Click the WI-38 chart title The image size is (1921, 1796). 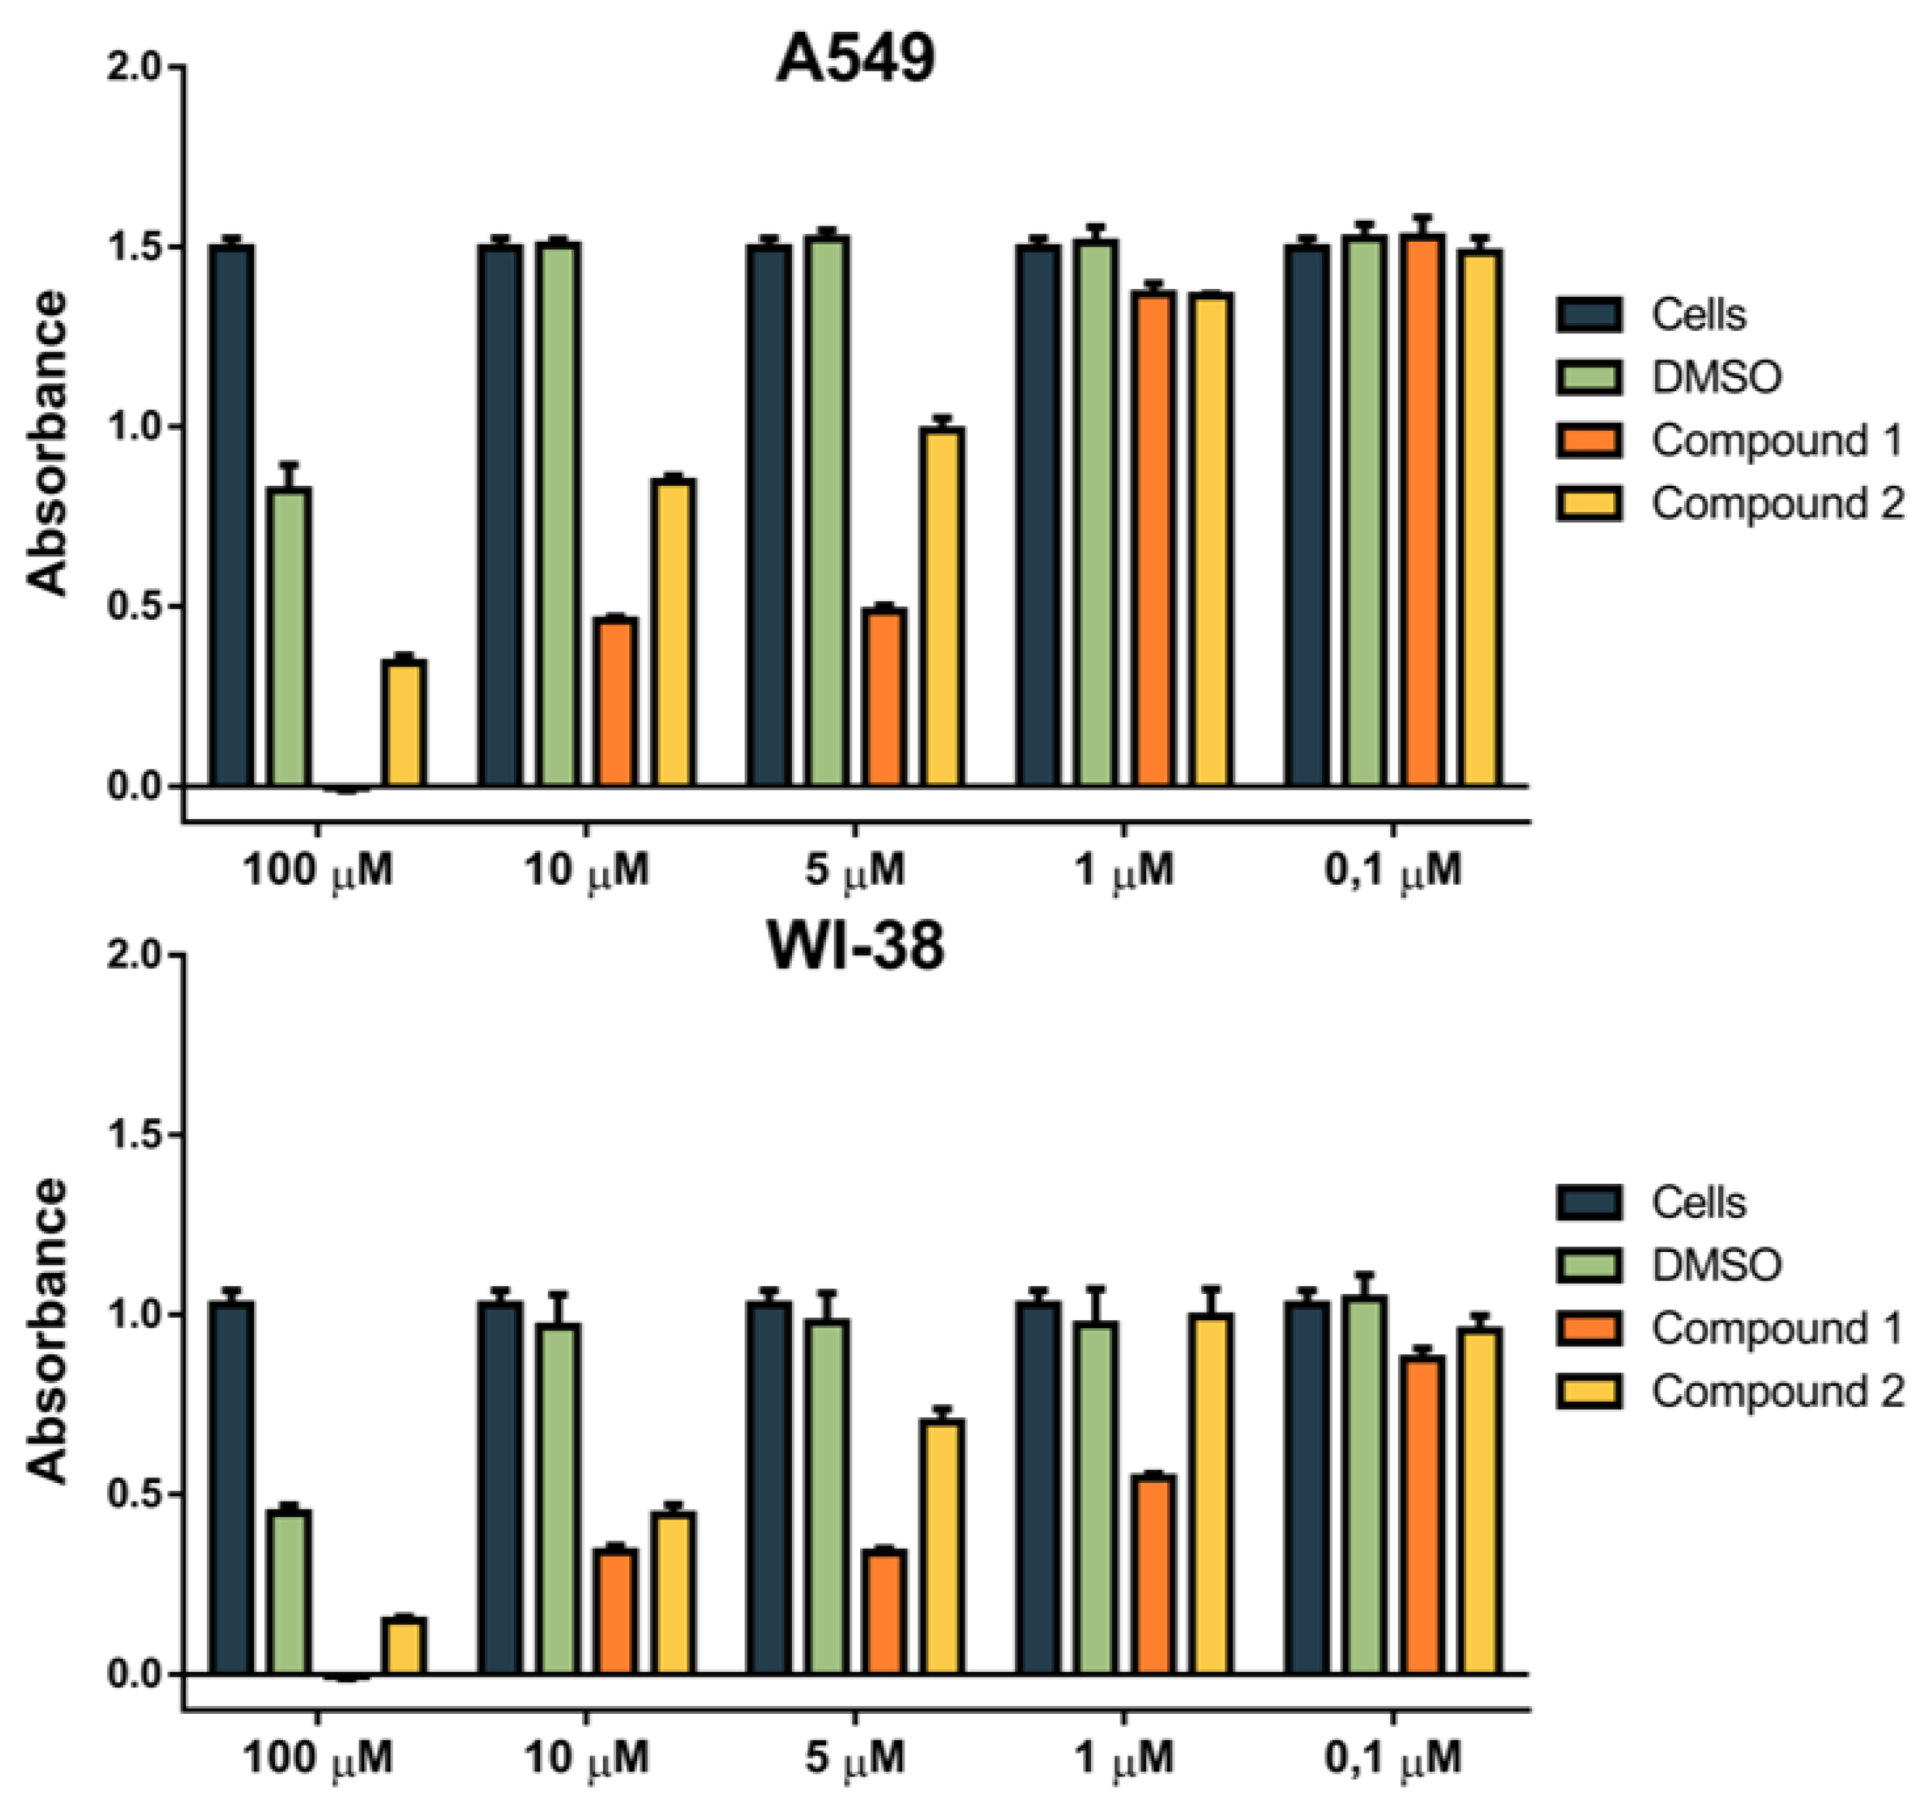(856, 947)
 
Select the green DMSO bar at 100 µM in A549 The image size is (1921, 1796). (289, 638)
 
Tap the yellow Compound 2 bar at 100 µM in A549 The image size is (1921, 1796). (404, 723)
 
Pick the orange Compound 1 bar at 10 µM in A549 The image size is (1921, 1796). (615, 701)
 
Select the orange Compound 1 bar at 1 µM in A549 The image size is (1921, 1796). (1154, 538)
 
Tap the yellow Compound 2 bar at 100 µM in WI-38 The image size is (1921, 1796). (404, 1645)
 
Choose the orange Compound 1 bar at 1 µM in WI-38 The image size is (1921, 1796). (1154, 1574)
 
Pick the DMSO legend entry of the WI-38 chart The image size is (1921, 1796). (1715, 1264)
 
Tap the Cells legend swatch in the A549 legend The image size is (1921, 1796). (1589, 315)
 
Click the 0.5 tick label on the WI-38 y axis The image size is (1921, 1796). (136, 1494)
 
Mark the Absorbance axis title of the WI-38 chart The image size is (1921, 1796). (46, 1331)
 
